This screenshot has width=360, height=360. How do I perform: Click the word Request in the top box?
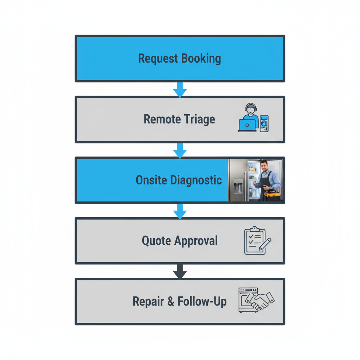pyautogui.click(x=158, y=58)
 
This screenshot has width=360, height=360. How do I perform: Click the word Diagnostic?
pyautogui.click(x=196, y=180)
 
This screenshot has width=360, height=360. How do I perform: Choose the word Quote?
pyautogui.click(x=156, y=241)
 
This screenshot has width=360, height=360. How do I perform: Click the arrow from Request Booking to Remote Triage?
pyautogui.click(x=180, y=90)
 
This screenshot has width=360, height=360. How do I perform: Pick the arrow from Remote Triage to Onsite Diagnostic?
pyautogui.click(x=180, y=151)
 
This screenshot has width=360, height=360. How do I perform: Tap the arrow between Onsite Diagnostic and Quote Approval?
pyautogui.click(x=180, y=211)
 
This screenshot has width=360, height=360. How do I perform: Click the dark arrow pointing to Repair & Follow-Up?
pyautogui.click(x=180, y=272)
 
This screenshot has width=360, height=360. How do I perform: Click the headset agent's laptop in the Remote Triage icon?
pyautogui.click(x=247, y=125)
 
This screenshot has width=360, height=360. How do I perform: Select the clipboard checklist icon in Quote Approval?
pyautogui.click(x=254, y=241)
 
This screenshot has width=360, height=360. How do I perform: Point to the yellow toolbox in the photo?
pyautogui.click(x=273, y=194)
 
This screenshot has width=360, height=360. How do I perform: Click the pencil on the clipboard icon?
pyautogui.click(x=265, y=244)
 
